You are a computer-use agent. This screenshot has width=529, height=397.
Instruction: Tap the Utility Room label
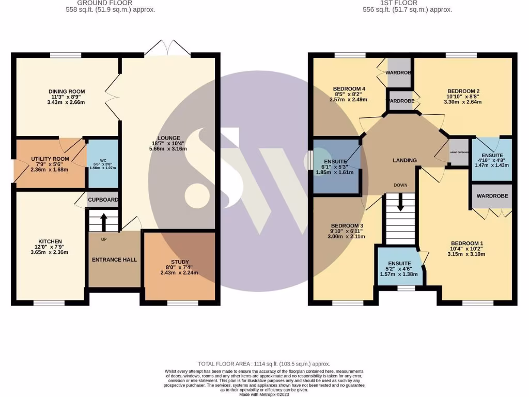coord(50,159)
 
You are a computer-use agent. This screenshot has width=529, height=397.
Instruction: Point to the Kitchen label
coord(50,241)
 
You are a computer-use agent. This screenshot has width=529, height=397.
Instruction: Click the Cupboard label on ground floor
coord(103,200)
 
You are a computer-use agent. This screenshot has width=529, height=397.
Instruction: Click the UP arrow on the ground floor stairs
coord(103,222)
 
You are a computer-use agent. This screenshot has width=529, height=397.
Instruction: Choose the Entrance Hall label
coord(114,259)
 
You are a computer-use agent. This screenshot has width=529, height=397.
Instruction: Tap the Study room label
coord(180,262)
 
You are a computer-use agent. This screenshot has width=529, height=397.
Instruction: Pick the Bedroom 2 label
coord(463,91)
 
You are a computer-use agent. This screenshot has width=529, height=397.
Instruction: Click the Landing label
coord(404,160)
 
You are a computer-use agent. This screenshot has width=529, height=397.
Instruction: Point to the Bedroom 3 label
coord(347,226)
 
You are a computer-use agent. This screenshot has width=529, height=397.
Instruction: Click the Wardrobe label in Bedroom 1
coord(492,196)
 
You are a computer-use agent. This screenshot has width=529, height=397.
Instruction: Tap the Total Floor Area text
coord(264,364)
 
